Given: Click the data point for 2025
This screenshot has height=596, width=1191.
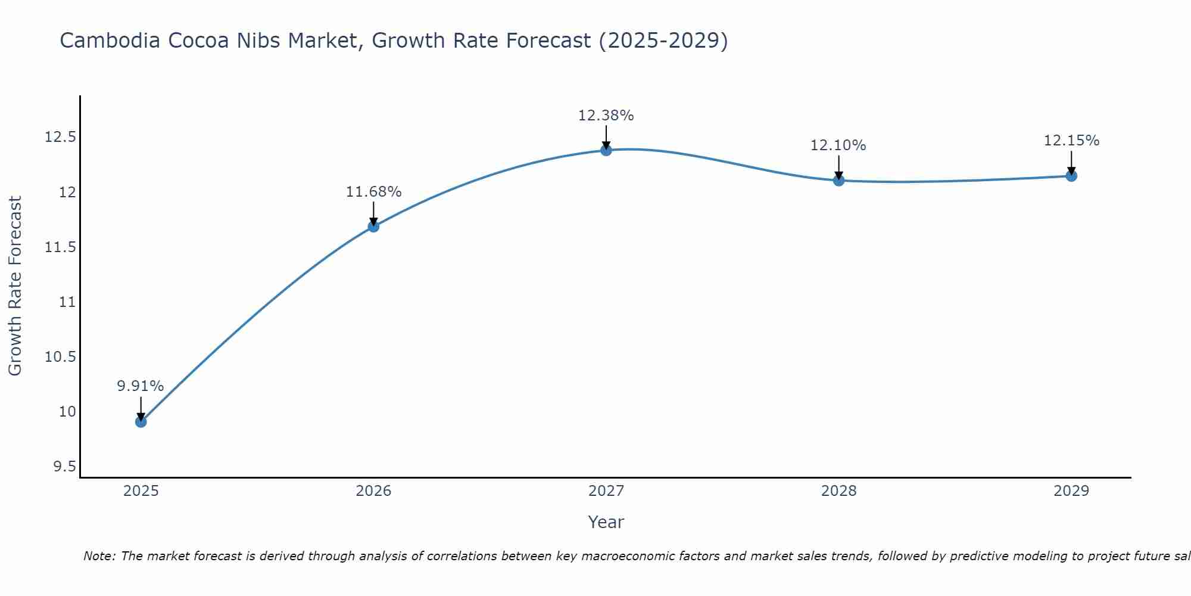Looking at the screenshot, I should [x=141, y=422].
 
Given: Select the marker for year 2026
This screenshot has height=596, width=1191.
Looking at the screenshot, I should [x=373, y=226].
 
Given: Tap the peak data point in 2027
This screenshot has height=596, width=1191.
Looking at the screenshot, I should [x=606, y=150].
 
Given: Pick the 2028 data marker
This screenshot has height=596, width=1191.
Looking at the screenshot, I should [x=838, y=181].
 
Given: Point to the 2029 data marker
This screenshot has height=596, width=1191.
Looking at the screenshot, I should [x=1071, y=176].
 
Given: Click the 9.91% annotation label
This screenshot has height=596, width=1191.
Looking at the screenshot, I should [x=141, y=386].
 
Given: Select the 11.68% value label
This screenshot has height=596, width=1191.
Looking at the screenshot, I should [x=373, y=192].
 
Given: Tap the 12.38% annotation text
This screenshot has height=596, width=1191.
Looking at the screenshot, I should [x=606, y=116].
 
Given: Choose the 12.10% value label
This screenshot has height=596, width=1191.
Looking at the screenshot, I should [x=838, y=145].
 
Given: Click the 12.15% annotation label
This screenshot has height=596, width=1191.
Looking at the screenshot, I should [x=1071, y=141].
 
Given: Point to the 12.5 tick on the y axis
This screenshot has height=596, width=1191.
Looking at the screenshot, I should [x=61, y=138].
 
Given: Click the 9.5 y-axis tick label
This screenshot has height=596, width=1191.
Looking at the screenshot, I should [x=65, y=467].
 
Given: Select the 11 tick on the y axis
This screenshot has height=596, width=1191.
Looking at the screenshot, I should [x=68, y=302].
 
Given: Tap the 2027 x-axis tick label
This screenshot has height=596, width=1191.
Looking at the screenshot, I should [x=606, y=491].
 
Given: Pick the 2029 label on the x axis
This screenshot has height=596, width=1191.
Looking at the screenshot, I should [x=1071, y=491].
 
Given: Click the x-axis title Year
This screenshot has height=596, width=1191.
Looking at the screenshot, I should [x=606, y=522].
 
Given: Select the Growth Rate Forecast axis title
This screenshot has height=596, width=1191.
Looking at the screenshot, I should [x=15, y=286].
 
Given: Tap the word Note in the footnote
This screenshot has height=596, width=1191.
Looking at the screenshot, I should [x=98, y=556].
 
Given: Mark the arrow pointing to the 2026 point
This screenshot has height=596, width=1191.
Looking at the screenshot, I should [x=373, y=213].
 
